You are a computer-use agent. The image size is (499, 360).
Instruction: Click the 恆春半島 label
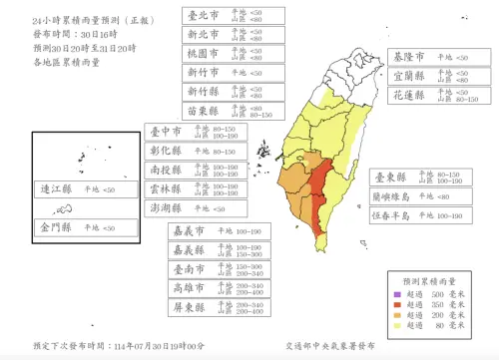pyautogui.click(x=394, y=215)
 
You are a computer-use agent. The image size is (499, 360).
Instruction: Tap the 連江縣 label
pyautogui.click(x=56, y=188)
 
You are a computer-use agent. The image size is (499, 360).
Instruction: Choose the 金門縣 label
pyautogui.click(x=56, y=227)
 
